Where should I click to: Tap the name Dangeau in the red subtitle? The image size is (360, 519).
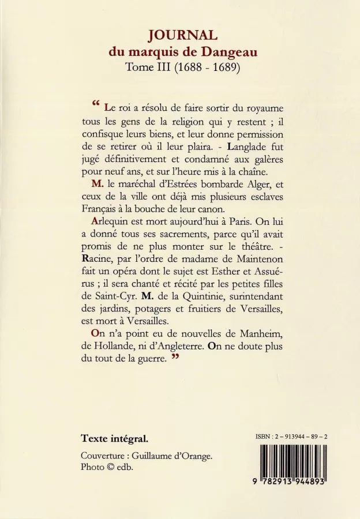tap(226, 52)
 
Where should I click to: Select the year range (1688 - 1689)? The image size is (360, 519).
tap(207, 68)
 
